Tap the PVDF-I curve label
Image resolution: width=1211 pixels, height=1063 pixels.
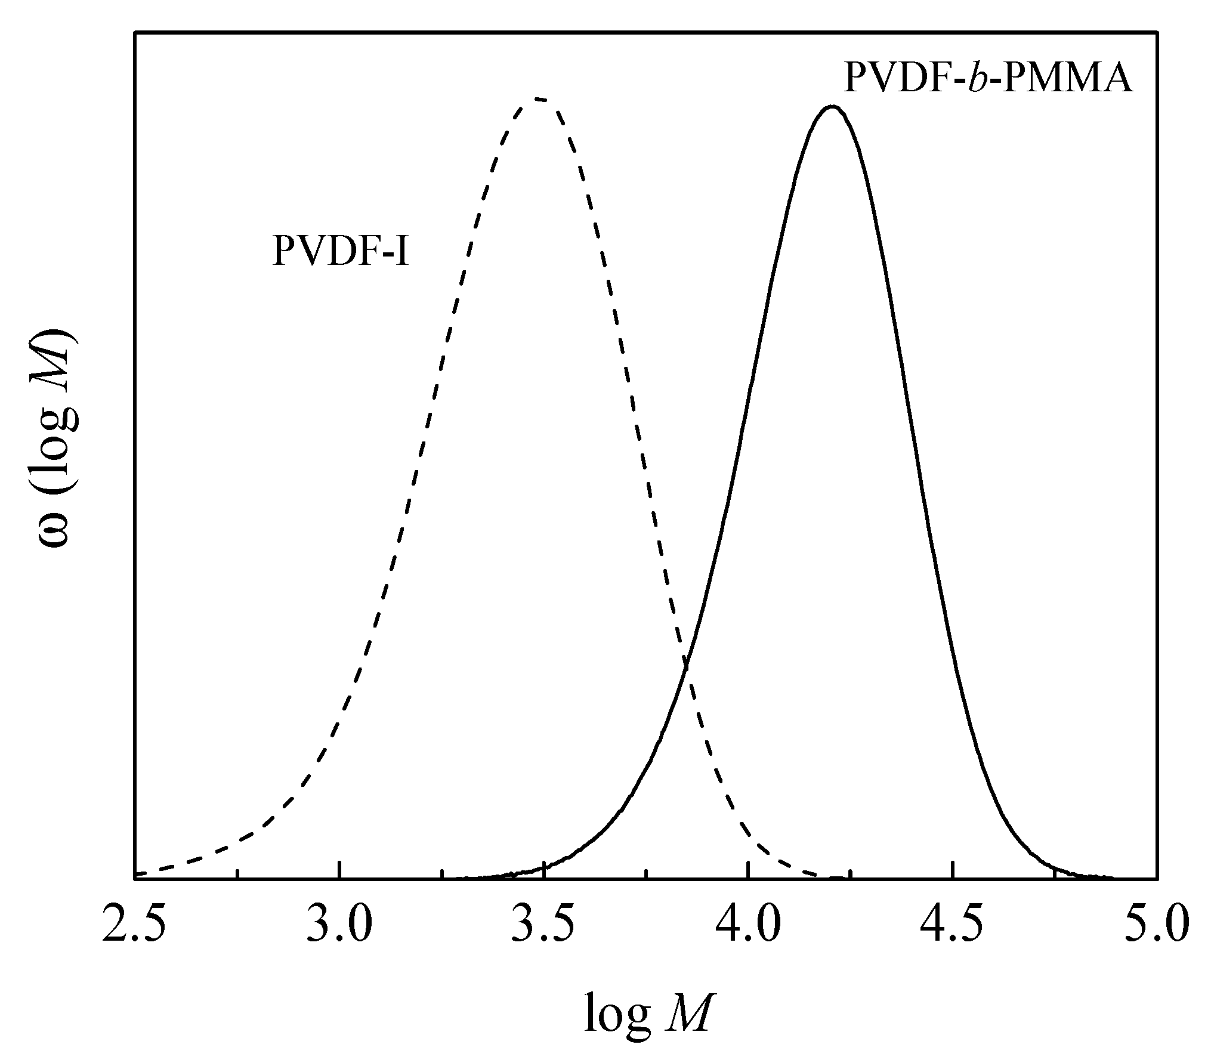pyautogui.click(x=341, y=251)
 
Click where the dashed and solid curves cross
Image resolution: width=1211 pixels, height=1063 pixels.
pyautogui.click(x=686, y=662)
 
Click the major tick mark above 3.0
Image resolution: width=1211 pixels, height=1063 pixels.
pyautogui.click(x=339, y=870)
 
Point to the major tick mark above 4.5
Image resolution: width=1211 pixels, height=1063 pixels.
pyautogui.click(x=952, y=870)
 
